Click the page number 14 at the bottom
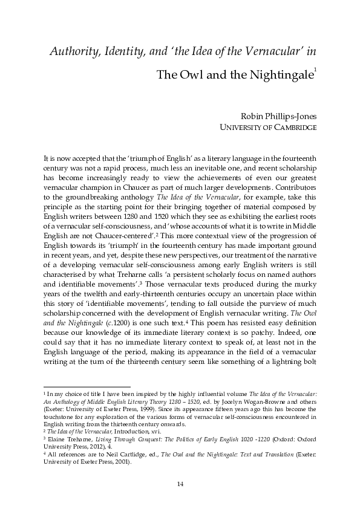click(x=180, y=483)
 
